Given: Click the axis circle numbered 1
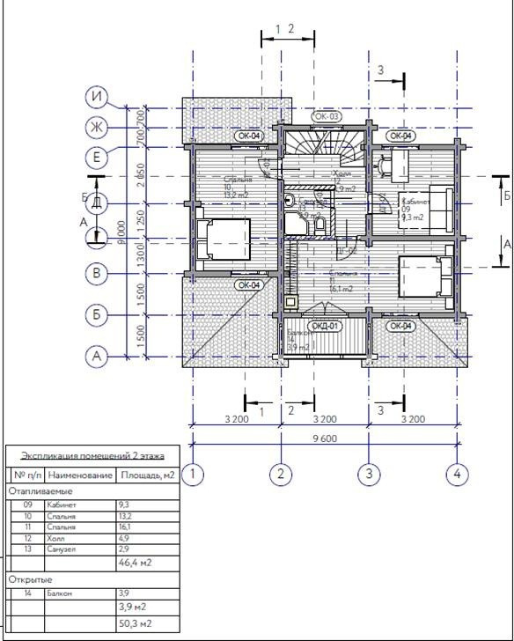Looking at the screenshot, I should [x=195, y=475].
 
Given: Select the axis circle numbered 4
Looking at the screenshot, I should [x=456, y=475].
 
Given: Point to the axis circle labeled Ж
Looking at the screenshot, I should [x=98, y=128].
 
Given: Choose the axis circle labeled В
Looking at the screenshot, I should [x=98, y=273].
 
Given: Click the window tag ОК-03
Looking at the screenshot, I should [x=327, y=116].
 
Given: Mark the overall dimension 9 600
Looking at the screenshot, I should [x=325, y=438].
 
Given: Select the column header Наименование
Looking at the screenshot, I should [x=81, y=475].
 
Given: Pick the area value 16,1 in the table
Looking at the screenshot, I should [x=125, y=526].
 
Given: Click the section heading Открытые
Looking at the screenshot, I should [x=31, y=579].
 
